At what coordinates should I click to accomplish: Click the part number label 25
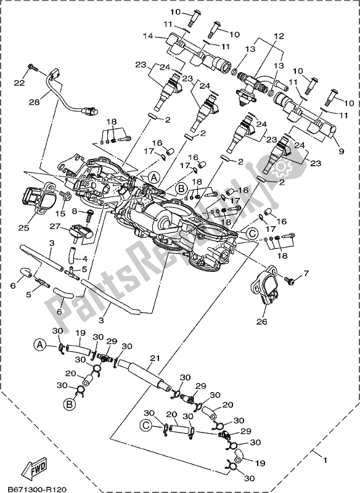point(23,228)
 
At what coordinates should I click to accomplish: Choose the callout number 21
point(154,359)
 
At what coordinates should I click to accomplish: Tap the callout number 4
point(84,259)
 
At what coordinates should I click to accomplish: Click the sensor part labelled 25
point(37,197)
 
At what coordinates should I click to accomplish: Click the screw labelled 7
point(292,280)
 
